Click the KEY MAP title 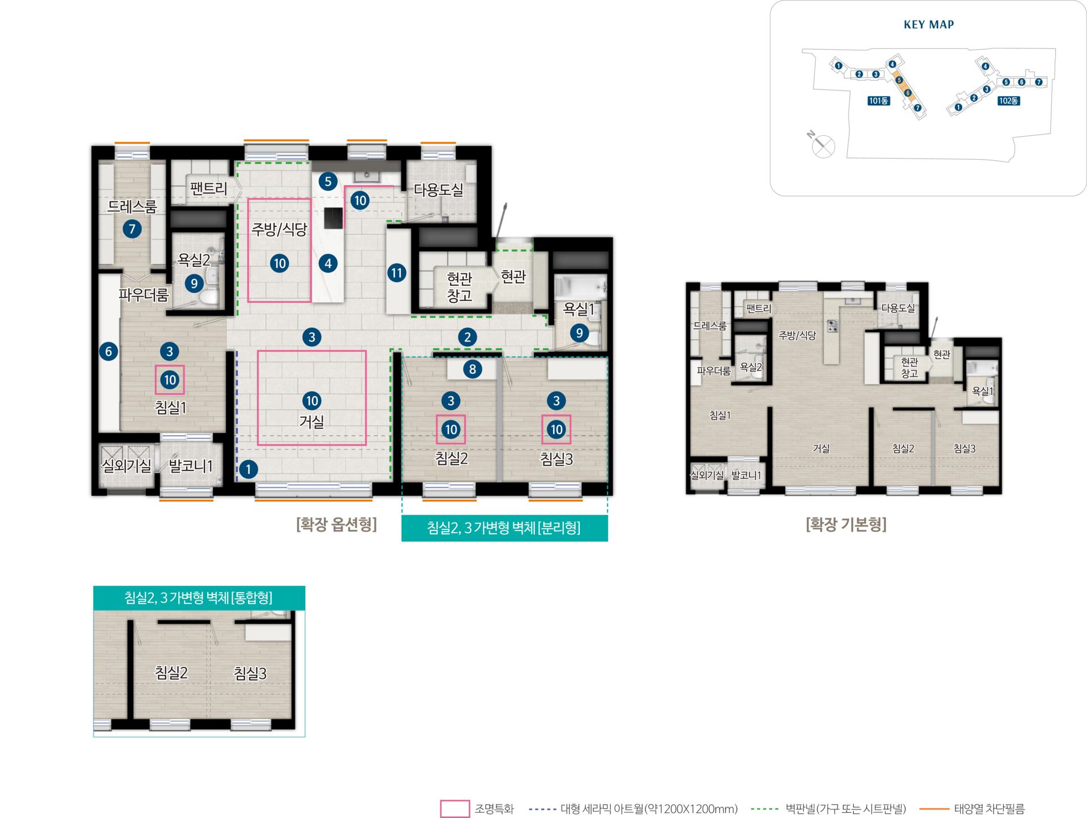pyautogui.click(x=928, y=24)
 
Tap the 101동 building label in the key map pyautogui.click(x=879, y=101)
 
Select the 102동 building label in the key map pyautogui.click(x=1009, y=101)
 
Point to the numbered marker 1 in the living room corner pyautogui.click(x=248, y=469)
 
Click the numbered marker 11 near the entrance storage pyautogui.click(x=397, y=273)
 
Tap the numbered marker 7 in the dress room pyautogui.click(x=132, y=229)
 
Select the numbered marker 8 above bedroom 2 pyautogui.click(x=472, y=369)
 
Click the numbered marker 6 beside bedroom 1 pyautogui.click(x=109, y=352)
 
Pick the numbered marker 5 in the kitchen pyautogui.click(x=328, y=182)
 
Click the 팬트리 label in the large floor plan pyautogui.click(x=208, y=189)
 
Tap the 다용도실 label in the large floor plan pyautogui.click(x=438, y=190)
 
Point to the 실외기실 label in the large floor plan pyautogui.click(x=126, y=465)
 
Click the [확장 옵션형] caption pyautogui.click(x=336, y=524)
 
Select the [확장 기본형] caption pyautogui.click(x=846, y=524)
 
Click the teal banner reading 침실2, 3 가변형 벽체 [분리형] pyautogui.click(x=504, y=528)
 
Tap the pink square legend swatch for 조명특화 pyautogui.click(x=455, y=809)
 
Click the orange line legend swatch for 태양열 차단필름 pyautogui.click(x=934, y=809)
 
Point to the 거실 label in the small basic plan pyautogui.click(x=821, y=448)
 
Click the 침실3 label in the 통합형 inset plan pyautogui.click(x=250, y=673)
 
